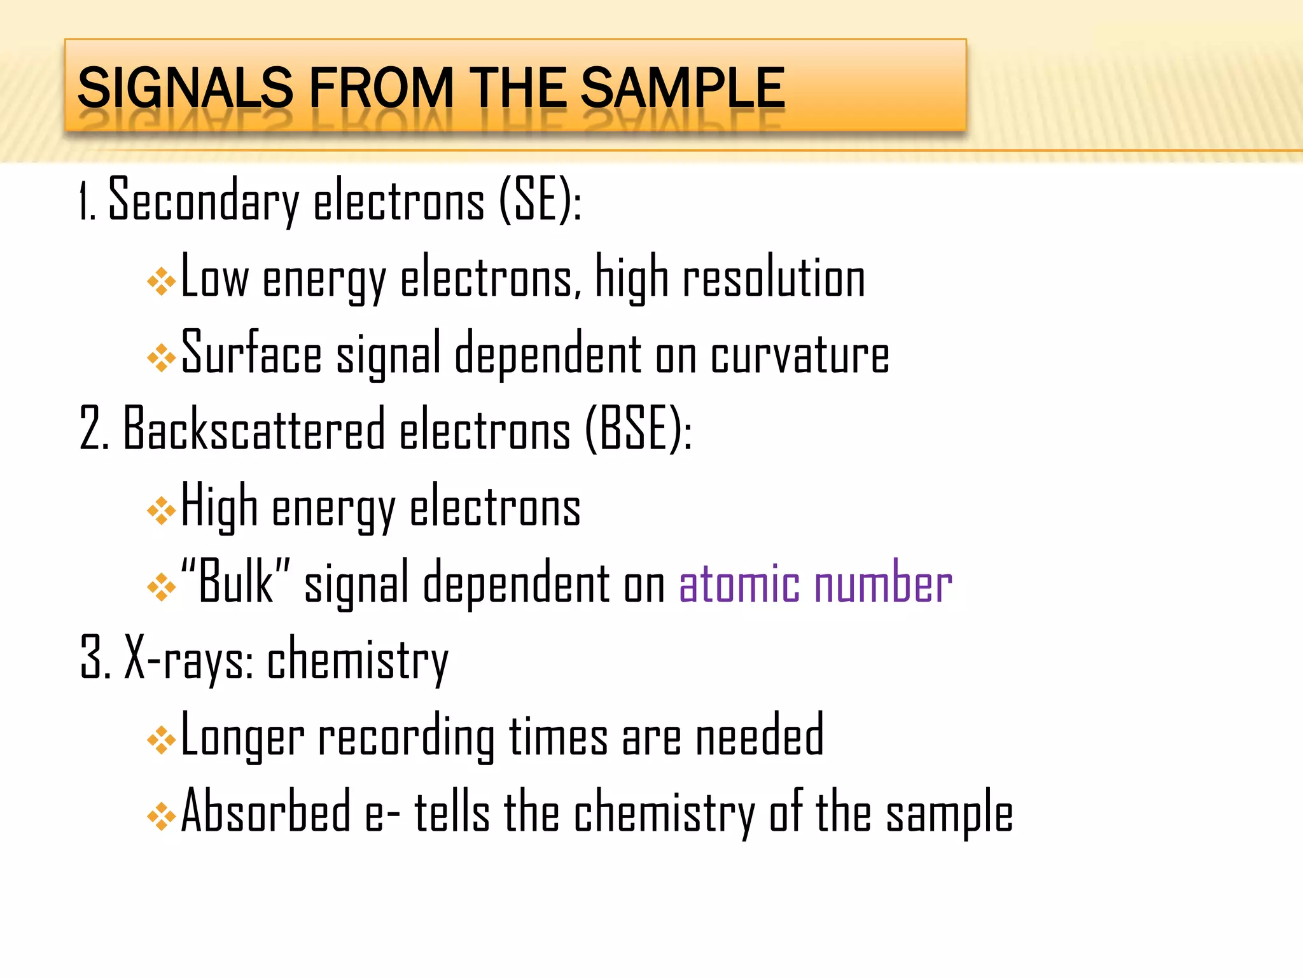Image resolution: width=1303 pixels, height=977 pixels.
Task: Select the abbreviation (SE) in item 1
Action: click(x=538, y=200)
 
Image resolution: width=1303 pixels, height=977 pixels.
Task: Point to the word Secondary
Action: click(x=204, y=200)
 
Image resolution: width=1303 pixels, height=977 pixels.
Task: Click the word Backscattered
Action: click(x=254, y=429)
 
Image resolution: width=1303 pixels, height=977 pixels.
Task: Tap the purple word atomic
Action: click(x=739, y=584)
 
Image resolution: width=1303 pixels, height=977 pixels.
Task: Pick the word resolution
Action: click(x=774, y=279)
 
